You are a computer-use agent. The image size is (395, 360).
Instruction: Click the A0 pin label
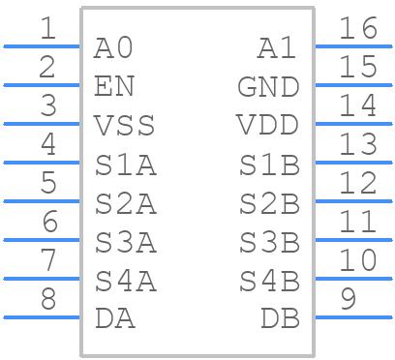click(113, 47)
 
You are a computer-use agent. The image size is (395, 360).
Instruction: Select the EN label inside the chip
click(114, 86)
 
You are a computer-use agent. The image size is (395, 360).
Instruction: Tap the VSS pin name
click(125, 126)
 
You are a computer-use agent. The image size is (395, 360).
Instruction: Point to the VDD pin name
click(268, 126)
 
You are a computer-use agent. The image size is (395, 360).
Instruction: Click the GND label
click(268, 87)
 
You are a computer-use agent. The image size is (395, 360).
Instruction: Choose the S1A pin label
click(125, 165)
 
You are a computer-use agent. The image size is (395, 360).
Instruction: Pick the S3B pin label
click(269, 242)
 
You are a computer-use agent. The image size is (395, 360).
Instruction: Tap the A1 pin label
click(279, 47)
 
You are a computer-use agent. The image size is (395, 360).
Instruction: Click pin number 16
click(358, 28)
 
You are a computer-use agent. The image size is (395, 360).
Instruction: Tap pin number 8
click(47, 299)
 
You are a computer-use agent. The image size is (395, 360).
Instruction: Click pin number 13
click(358, 144)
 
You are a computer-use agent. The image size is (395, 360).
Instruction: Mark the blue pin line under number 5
click(42, 201)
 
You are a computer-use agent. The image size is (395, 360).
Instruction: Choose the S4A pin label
click(125, 281)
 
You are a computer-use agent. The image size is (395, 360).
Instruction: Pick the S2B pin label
click(269, 203)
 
